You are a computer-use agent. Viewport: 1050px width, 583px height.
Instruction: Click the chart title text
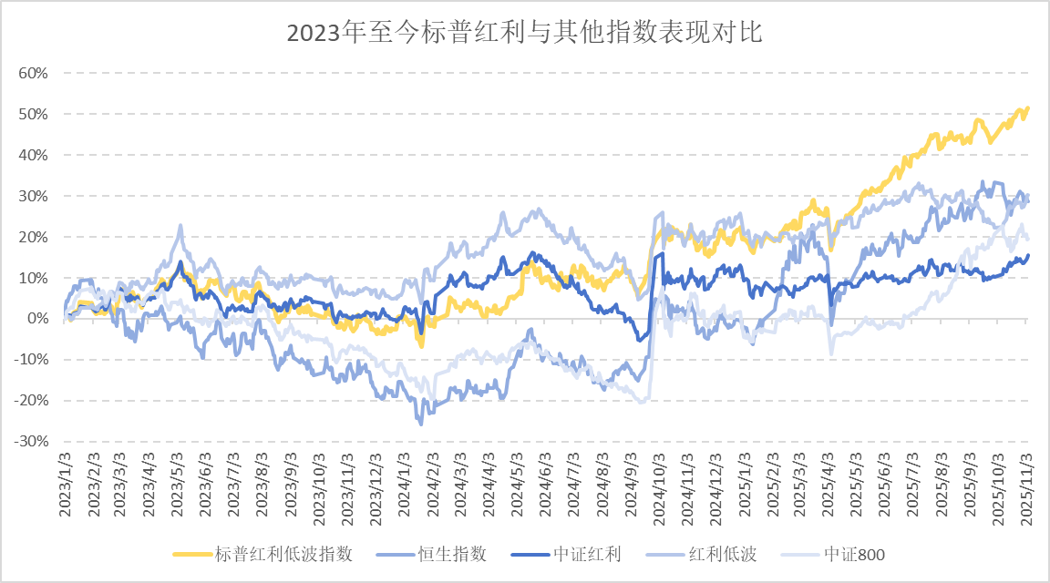[524, 34]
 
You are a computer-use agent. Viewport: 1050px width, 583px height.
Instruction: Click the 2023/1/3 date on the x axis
[66, 483]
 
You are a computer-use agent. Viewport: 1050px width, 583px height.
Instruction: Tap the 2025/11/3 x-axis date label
[1027, 483]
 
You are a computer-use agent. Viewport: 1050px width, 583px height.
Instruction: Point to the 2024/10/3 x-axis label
[660, 483]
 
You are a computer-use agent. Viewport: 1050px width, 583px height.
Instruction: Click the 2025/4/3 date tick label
[829, 483]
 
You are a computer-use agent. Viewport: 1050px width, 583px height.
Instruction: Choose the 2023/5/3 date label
[179, 483]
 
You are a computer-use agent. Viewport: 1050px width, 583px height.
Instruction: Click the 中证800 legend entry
[854, 554]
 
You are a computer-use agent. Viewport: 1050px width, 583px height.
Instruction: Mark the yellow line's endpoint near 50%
[1028, 108]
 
